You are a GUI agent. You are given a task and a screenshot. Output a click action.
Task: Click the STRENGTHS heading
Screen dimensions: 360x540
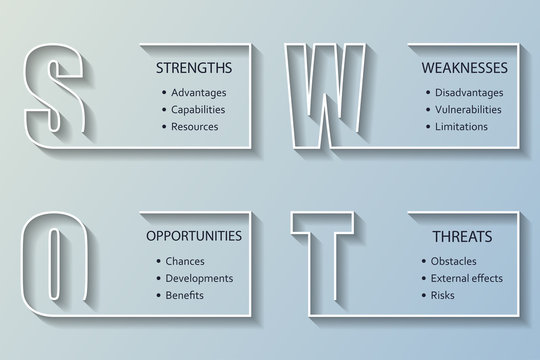click(x=194, y=69)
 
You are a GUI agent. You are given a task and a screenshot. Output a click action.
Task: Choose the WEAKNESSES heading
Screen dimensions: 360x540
click(x=464, y=69)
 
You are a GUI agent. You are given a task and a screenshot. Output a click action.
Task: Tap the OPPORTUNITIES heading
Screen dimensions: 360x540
click(x=194, y=237)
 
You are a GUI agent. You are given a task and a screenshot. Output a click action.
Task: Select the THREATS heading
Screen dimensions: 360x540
click(x=463, y=237)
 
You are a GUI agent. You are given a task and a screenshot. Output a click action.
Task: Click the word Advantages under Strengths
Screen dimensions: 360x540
click(x=199, y=93)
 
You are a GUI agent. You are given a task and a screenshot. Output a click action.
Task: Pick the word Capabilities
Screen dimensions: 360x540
click(x=199, y=110)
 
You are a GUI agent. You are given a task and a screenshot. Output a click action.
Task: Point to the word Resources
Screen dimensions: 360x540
click(x=195, y=127)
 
